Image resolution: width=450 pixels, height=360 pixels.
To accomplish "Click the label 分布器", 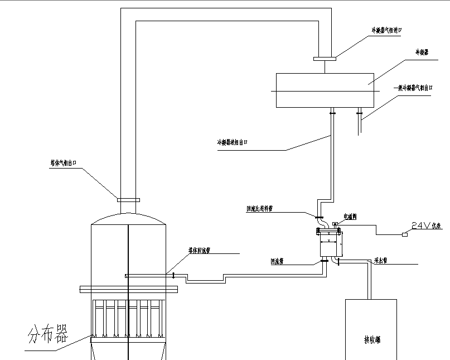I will pos(48,334).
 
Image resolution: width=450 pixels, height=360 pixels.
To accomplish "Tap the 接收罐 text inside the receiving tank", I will pos(371,339).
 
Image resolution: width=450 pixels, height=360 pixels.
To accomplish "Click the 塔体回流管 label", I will pos(199,251).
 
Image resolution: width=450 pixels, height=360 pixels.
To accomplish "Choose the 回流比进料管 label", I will pos(259,208).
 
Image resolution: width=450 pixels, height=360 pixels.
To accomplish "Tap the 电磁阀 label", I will pos(351,216).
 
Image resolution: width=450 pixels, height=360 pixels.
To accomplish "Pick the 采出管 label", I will pos(381,260).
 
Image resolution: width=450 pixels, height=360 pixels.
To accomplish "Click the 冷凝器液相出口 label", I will pos(232,142).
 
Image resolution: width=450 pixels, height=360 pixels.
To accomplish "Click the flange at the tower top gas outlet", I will pos(128,199).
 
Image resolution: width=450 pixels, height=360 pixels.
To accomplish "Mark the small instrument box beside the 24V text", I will pos(404,235).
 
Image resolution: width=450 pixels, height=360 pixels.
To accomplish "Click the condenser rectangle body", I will pos(325,90).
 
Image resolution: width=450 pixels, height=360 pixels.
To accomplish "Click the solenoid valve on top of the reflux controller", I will pos(335,225).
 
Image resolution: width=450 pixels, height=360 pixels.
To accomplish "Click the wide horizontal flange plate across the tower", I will pos(128,289).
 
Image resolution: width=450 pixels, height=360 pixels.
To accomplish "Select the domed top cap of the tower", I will pos(128,218).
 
